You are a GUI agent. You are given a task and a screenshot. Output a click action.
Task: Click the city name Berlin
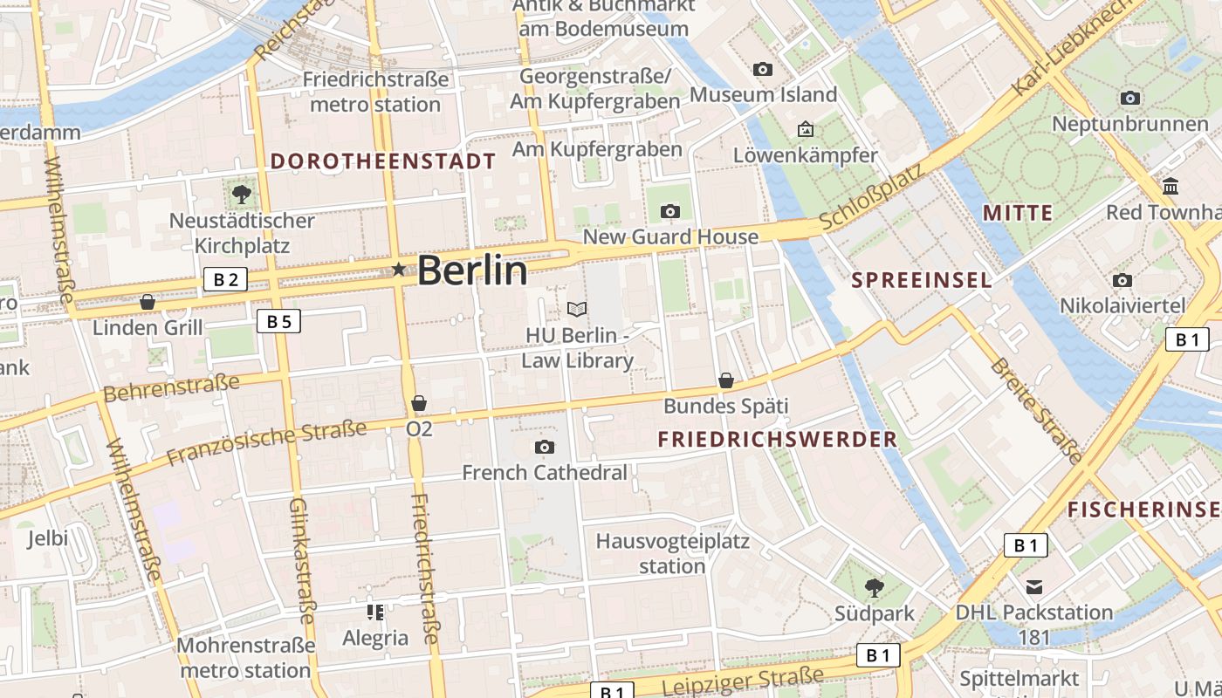pos(472,270)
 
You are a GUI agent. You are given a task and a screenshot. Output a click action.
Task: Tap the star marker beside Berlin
pos(400,270)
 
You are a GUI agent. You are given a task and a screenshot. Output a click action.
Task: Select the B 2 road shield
pos(225,279)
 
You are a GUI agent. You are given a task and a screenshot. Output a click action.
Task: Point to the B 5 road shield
pos(278,321)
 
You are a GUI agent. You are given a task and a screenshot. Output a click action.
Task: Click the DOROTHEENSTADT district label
pos(382,161)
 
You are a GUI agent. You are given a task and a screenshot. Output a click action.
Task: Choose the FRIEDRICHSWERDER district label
pos(778,439)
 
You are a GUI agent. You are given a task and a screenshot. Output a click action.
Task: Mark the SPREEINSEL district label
pos(921,280)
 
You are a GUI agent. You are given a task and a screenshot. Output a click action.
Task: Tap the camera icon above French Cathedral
pos(545,448)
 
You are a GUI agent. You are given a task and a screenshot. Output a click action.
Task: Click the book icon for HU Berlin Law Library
pos(577,309)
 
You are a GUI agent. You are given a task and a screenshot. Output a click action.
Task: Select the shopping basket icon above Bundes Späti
pos(725,380)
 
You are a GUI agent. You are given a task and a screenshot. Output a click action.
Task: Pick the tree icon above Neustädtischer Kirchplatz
pos(241,195)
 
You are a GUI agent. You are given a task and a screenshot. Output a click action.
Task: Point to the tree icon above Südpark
pos(874,587)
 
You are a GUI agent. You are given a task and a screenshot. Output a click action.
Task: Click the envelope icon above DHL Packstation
pos(1034,586)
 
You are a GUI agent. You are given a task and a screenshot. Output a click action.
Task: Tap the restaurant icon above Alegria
pos(375,612)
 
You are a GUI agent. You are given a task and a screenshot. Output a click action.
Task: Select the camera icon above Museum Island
pos(763,69)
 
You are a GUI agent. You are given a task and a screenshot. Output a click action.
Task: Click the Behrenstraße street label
pos(171,387)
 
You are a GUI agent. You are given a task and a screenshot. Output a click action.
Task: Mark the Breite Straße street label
pos(1036,410)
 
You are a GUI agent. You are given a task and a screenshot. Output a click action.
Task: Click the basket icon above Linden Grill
pos(148,302)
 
